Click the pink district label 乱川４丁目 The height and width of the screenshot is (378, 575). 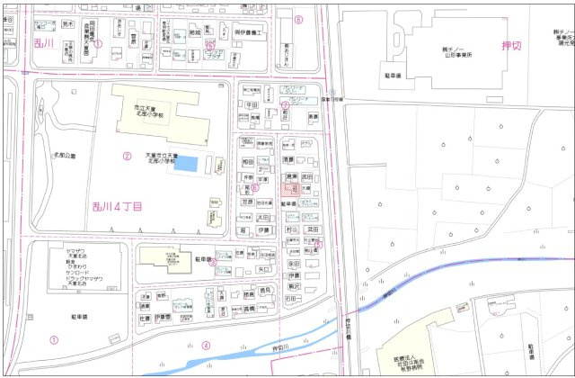118,207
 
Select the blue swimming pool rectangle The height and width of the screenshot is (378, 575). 185,165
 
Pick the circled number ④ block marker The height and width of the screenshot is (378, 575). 206,346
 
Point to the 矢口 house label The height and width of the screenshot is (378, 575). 263,268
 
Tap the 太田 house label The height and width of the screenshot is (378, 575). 262,218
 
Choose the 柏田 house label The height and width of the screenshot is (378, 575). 251,162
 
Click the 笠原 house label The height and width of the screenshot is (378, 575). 248,203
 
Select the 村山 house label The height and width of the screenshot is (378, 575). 291,230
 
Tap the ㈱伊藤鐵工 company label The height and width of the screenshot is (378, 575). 246,32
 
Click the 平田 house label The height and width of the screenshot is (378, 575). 252,105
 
